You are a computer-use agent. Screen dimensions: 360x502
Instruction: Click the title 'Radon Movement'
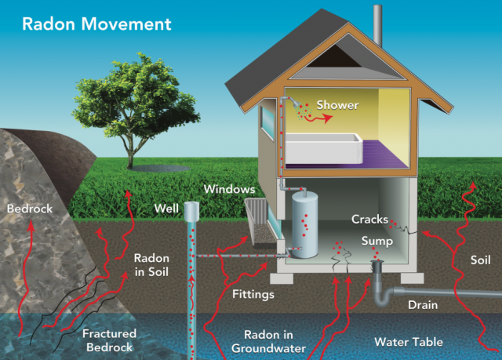96,23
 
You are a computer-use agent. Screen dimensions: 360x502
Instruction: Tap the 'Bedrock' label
28,209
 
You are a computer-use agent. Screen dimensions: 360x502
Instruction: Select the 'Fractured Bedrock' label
108,340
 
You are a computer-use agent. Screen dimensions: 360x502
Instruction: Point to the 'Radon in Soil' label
151,264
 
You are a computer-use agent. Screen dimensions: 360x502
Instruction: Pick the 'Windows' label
229,189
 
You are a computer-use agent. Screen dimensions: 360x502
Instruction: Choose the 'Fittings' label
253,295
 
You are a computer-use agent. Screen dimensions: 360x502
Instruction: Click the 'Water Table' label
408,342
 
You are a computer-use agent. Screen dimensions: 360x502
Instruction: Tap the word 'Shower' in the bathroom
337,105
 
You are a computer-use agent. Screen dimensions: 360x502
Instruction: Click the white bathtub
322,148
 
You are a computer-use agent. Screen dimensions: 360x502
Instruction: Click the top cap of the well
191,209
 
